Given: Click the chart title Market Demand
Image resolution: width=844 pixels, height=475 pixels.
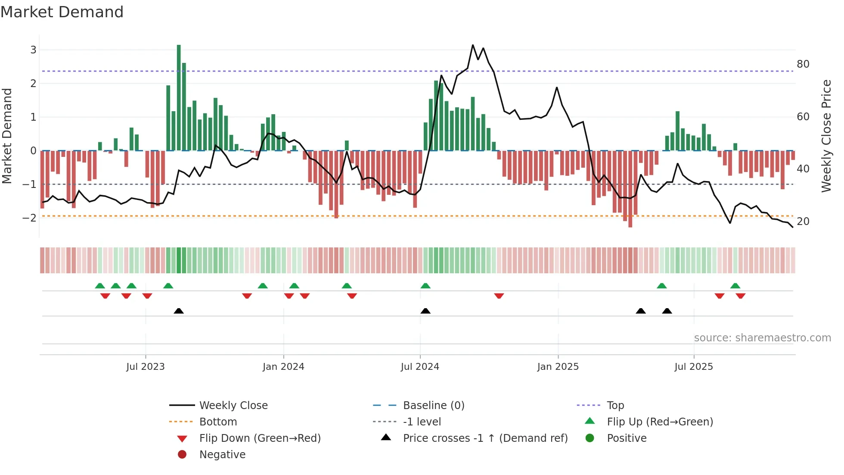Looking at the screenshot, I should click(62, 12).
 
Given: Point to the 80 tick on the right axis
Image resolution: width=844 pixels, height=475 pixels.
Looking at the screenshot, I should click(803, 64).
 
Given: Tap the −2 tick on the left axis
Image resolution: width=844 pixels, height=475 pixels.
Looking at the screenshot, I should click(30, 218).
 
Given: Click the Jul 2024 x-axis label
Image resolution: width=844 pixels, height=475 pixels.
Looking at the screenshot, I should click(420, 367).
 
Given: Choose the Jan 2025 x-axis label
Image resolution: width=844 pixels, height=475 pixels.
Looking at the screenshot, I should click(558, 367).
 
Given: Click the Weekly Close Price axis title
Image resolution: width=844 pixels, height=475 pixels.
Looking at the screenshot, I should click(826, 136).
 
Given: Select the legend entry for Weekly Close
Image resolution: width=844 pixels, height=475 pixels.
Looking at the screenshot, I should click(233, 406).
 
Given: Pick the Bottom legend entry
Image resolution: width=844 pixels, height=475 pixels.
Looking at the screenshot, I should click(218, 422).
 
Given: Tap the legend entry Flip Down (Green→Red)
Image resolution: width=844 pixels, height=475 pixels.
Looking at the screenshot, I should click(260, 438).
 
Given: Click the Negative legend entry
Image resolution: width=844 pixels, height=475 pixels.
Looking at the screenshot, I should click(222, 455).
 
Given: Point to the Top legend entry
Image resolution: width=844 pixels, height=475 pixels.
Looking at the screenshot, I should click(615, 406).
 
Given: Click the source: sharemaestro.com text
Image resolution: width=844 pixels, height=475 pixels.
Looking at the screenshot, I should click(762, 338).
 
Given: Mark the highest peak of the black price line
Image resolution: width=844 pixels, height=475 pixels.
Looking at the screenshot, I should click(473, 45).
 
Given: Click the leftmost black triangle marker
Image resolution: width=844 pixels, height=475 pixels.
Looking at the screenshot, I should click(179, 311).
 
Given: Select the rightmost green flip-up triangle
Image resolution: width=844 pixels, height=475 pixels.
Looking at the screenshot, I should click(735, 286).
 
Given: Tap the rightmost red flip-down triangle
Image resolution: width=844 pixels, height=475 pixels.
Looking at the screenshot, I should click(741, 296).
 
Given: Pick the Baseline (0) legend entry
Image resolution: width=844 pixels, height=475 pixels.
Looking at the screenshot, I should click(433, 406).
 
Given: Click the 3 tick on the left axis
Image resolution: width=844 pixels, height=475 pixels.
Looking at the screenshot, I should click(33, 50).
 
